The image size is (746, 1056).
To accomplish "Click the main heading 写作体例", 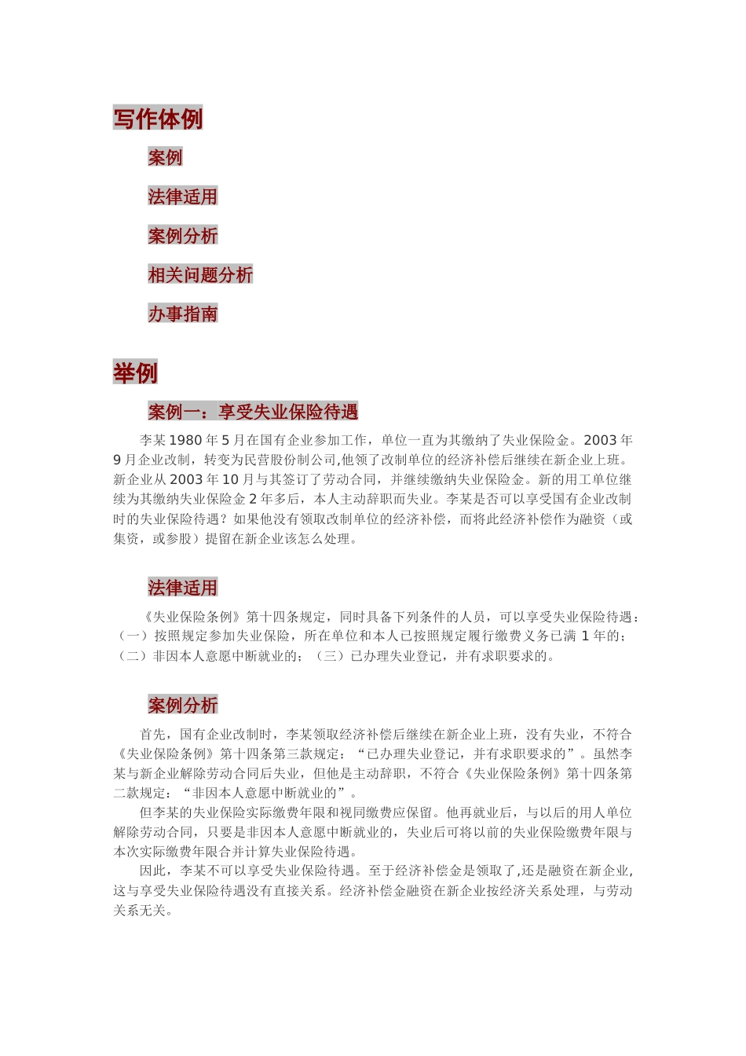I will pos(158,118).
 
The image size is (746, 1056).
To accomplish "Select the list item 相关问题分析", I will pos(200,275).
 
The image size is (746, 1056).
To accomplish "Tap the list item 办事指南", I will pos(182,314).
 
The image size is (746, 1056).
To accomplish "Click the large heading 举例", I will pos(135,372).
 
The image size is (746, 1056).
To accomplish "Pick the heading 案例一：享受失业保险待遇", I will pos(253,412).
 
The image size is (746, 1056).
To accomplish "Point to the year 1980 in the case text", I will pos(185,441).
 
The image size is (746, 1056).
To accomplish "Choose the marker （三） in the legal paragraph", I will pos(330,656).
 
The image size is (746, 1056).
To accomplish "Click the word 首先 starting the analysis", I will pos(153,735).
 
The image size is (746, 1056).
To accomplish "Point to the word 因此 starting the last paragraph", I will pos(153,871).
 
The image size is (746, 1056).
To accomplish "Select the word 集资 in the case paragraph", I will pos(126,539).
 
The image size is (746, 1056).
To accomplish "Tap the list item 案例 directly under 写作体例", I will pos(165,157).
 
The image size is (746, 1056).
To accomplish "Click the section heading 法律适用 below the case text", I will pos(182,588).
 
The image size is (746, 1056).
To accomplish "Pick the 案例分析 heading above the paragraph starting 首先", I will pos(182,706).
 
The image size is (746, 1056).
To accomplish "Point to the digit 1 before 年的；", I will pos(585,636).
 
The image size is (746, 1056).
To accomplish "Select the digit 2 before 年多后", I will pos(253,500).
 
